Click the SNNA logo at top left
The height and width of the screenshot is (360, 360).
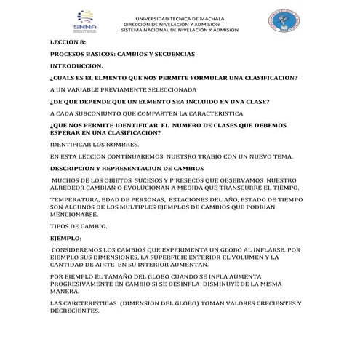coord(85,22)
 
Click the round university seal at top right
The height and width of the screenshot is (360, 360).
coord(281,21)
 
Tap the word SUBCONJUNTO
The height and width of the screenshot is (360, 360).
coord(101,113)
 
